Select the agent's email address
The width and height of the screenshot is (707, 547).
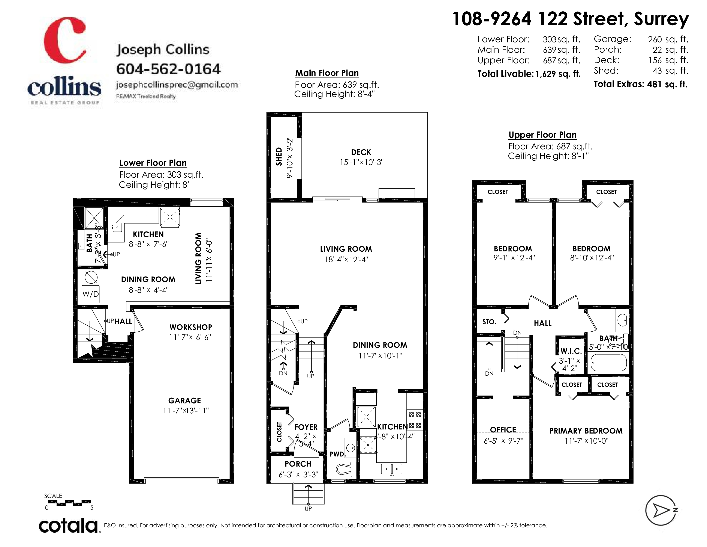tap(177, 85)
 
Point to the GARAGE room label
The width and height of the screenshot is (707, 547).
tap(184, 400)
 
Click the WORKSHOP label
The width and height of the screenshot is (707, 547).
tap(191, 327)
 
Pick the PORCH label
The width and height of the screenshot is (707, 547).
tap(298, 464)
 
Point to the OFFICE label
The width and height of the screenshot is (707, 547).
tap(503, 430)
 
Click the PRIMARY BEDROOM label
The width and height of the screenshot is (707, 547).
tap(586, 431)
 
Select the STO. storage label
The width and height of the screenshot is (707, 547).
tap(489, 322)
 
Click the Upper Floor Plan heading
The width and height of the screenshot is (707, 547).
tap(542, 135)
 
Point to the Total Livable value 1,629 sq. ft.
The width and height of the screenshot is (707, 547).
tap(558, 74)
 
